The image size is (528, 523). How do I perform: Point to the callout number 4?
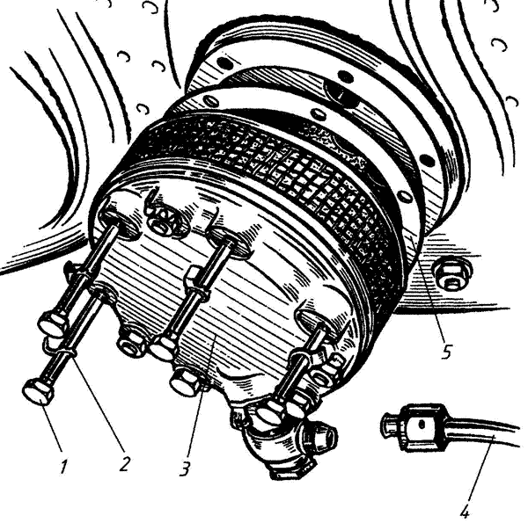click(465, 511)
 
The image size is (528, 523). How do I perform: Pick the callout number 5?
click(446, 351)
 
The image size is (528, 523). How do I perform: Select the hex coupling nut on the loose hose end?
click(422, 427)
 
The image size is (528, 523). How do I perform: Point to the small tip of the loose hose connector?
click(390, 425)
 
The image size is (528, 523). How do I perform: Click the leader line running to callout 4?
click(480, 468)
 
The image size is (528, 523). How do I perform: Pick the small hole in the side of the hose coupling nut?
click(422, 425)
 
